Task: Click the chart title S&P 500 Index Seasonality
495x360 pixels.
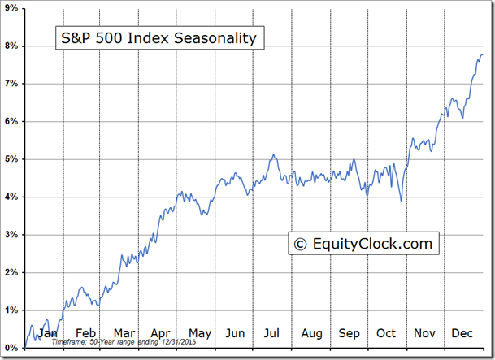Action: click(x=159, y=37)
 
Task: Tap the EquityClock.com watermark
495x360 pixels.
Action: click(x=363, y=243)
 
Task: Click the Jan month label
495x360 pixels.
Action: click(x=48, y=333)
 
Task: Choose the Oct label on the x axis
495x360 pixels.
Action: click(x=385, y=333)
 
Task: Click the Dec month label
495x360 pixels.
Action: click(x=462, y=333)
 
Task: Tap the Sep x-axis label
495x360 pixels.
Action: click(x=349, y=333)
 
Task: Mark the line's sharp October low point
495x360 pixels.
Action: click(x=401, y=201)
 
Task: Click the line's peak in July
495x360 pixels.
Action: click(x=274, y=154)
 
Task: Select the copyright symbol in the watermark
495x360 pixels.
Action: click(x=300, y=243)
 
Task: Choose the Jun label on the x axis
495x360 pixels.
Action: click(x=235, y=333)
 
